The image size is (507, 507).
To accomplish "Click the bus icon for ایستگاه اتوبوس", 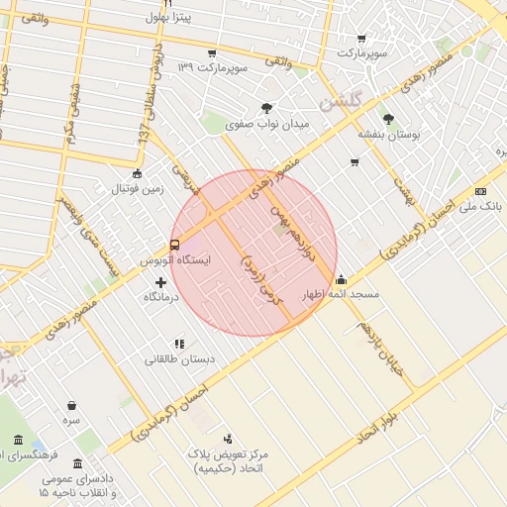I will [x=175, y=245].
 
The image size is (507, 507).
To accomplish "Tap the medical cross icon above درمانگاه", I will [x=161, y=283].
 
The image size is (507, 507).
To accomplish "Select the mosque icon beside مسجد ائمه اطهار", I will [x=341, y=279].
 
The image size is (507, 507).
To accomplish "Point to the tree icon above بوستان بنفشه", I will [x=387, y=118].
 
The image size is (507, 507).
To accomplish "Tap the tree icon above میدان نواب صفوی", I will [x=267, y=108].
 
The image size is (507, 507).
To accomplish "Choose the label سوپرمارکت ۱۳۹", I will [x=210, y=67].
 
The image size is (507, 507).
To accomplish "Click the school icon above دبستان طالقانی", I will [x=179, y=344].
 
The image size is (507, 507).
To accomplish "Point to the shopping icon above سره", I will [x=71, y=405].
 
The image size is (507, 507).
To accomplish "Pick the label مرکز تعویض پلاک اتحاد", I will [x=235, y=459].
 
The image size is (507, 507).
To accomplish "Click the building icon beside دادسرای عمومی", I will [x=77, y=462].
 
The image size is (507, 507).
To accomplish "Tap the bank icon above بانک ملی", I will [x=481, y=191].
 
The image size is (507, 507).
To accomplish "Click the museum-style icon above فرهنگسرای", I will [x=18, y=440].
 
